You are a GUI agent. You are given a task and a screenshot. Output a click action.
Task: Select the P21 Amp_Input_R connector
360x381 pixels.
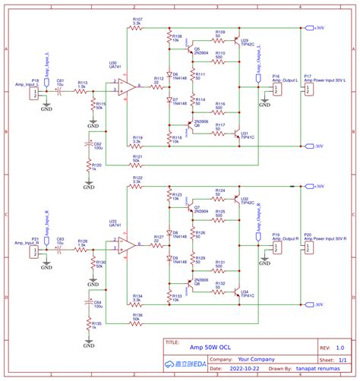(x=35, y=249)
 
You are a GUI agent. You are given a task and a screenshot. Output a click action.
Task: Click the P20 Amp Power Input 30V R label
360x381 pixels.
(x=324, y=238)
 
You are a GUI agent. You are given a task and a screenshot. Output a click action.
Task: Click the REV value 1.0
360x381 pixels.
(x=339, y=344)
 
